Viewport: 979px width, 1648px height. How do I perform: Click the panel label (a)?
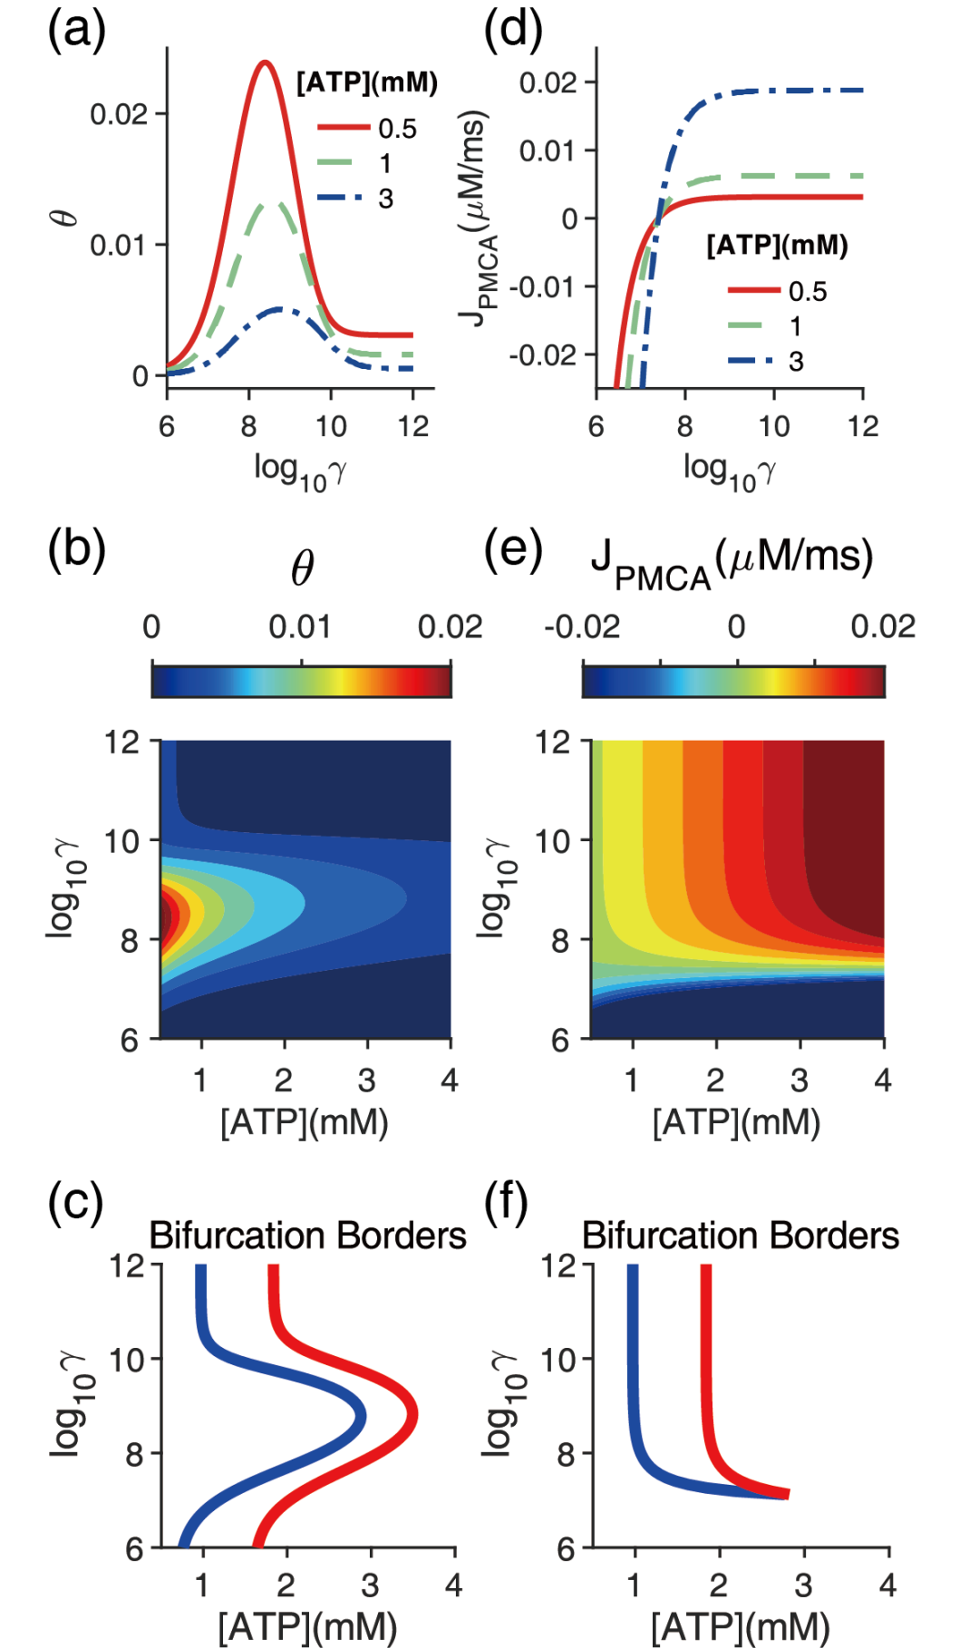point(76,30)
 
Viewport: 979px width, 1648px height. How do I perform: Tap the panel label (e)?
point(513,550)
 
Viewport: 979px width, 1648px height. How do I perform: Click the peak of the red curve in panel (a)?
point(266,63)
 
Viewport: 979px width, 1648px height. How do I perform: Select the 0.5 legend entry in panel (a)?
point(397,129)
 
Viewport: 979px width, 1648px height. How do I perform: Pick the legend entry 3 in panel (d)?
point(796,362)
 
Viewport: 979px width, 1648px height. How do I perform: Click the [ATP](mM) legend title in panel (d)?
point(777,245)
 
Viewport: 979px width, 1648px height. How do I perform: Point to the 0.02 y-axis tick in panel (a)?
point(118,114)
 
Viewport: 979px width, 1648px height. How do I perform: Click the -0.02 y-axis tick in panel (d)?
point(543,354)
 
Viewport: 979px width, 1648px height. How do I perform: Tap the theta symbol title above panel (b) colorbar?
point(302,569)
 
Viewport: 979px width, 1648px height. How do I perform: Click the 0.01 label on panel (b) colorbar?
point(300,626)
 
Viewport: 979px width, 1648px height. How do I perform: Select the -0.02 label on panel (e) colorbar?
point(582,626)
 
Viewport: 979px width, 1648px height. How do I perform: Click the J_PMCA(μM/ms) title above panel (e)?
point(732,562)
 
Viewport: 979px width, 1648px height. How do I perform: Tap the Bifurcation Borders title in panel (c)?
point(307,1236)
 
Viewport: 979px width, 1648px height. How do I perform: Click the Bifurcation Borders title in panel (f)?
point(740,1236)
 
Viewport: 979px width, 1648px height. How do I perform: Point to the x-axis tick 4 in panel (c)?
point(454,1585)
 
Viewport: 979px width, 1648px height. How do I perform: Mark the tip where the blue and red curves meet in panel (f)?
point(787,1494)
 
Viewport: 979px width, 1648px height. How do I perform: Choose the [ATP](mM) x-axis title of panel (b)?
point(305,1122)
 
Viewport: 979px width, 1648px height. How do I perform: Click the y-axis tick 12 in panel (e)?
point(552,742)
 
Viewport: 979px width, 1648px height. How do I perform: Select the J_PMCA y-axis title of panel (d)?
point(477,218)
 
